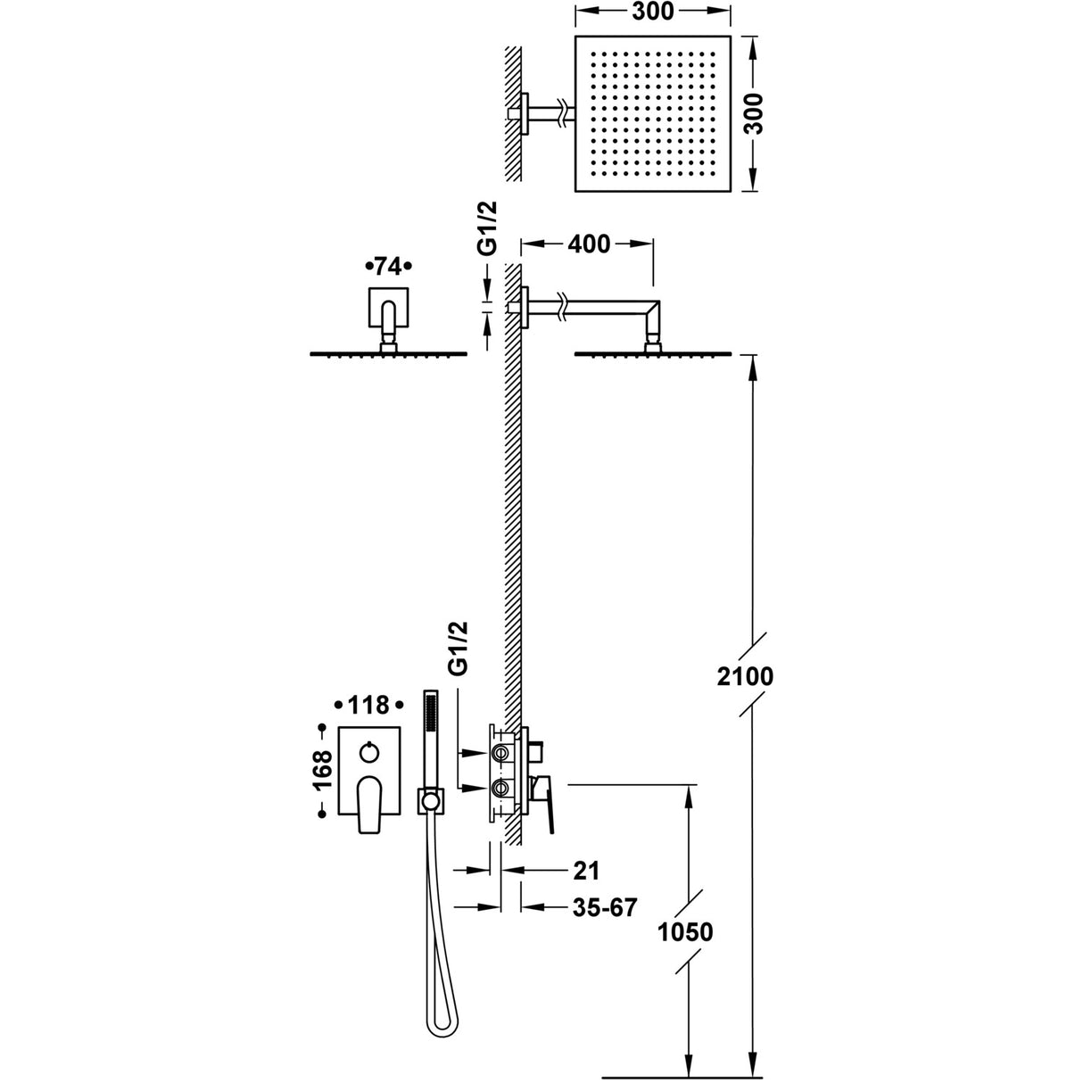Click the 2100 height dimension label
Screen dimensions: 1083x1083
tap(747, 675)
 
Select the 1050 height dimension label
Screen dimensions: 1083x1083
tap(685, 932)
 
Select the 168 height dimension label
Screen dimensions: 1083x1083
tap(322, 769)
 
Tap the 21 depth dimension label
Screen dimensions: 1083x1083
tap(586, 869)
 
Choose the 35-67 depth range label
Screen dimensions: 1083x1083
tap(604, 907)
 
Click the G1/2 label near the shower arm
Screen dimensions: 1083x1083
tap(487, 229)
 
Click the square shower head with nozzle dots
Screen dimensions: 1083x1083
tap(654, 113)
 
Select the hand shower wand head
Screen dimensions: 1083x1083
tap(431, 723)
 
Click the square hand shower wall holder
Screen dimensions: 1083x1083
tap(430, 801)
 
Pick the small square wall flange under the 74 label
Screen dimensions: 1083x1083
tap(387, 309)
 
